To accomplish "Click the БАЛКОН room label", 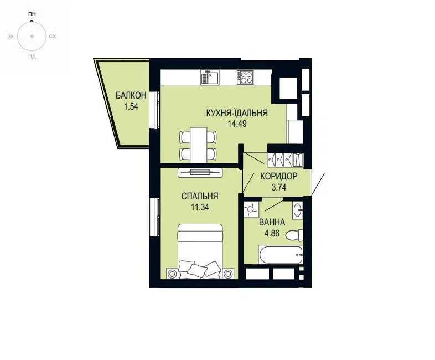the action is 131,95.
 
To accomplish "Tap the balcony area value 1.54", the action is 131,106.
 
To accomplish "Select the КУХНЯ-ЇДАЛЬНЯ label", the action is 237,113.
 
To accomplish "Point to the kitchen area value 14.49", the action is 237,124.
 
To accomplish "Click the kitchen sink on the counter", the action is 210,78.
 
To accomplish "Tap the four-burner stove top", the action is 245,78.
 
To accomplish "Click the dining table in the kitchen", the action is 198,145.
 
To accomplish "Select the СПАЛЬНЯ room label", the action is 200,196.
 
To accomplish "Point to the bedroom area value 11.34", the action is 200,207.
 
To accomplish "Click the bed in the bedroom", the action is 200,251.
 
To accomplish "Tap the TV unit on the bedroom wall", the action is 200,172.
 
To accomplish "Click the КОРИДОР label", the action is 279,176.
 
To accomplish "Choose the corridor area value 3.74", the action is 279,187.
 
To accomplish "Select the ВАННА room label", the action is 272,222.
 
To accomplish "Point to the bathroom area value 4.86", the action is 272,233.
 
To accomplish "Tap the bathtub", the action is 280,255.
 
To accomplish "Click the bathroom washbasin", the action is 298,210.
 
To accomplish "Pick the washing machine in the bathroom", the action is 251,209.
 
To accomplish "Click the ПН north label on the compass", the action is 32,14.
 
